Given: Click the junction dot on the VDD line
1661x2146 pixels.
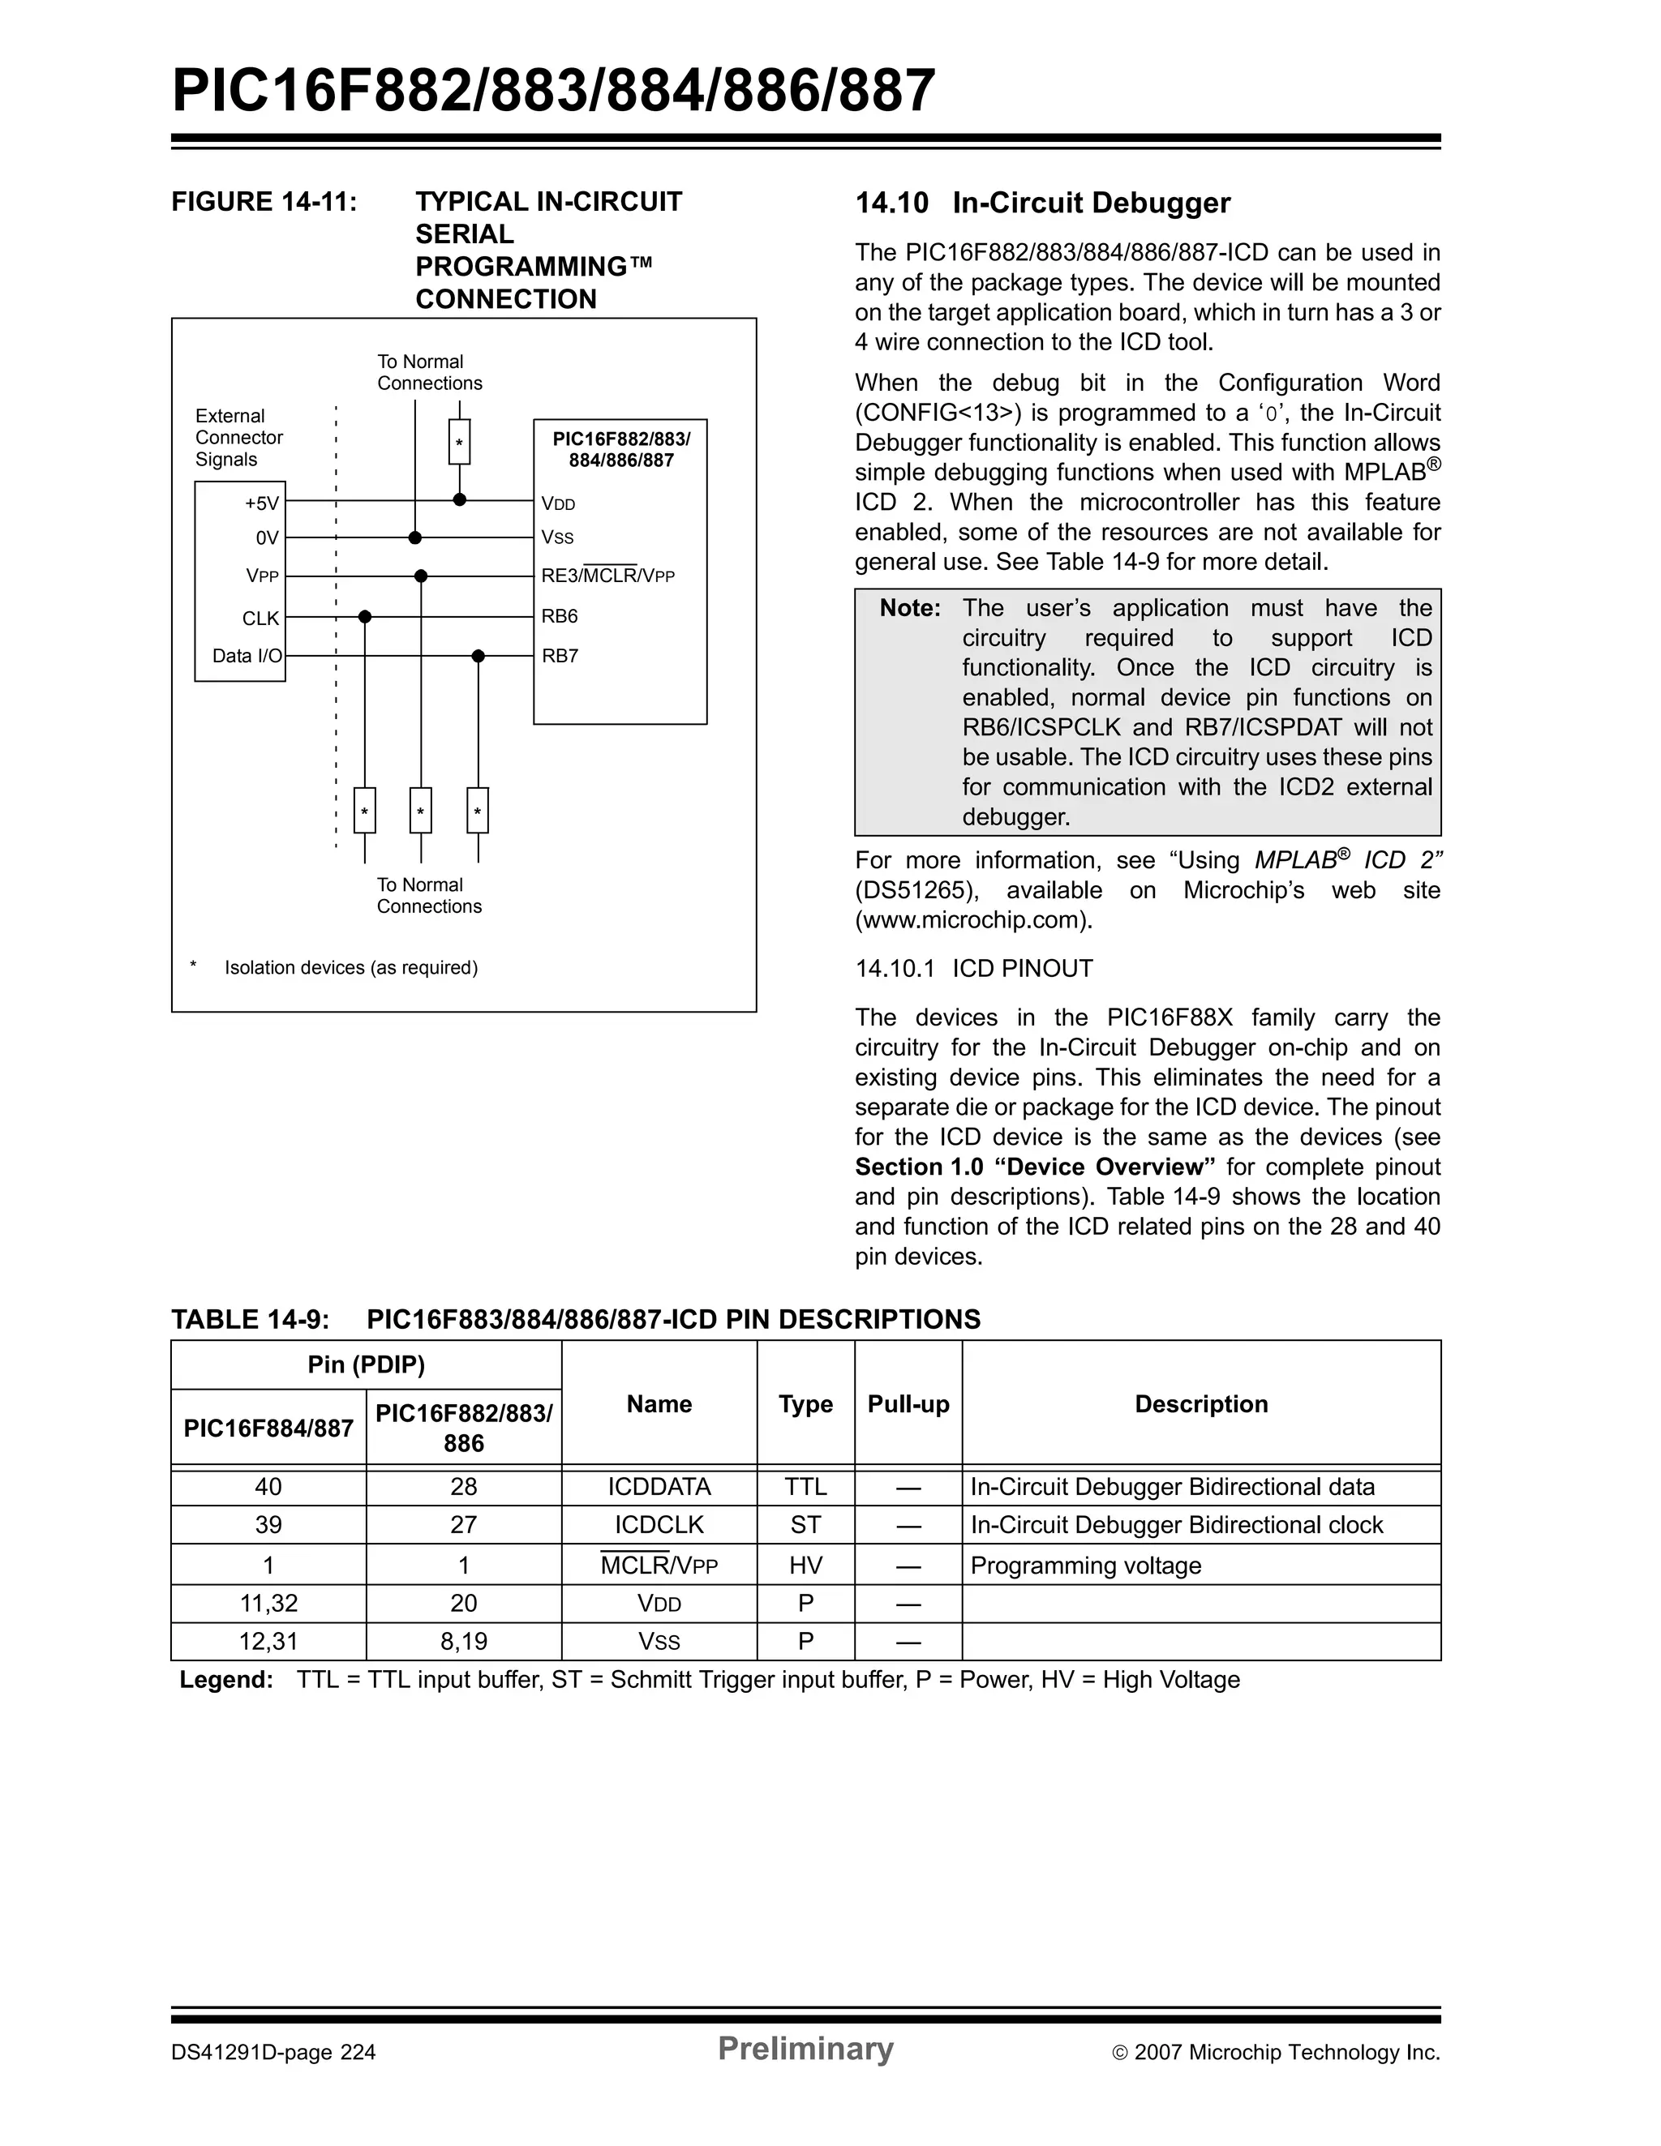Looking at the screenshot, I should point(459,500).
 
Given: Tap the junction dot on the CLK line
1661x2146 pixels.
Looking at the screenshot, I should point(365,617).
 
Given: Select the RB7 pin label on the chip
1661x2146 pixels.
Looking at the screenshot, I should point(560,657).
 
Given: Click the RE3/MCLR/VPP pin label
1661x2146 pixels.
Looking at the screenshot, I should point(607,576).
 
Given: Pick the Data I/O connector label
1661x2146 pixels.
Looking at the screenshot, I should point(247,657).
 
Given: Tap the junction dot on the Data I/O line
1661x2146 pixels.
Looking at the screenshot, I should point(479,657).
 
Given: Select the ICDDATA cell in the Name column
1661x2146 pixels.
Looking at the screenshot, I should point(659,1487).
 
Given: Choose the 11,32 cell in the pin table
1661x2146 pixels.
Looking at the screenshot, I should point(268,1604).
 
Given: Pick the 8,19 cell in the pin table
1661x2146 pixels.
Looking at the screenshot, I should point(463,1642).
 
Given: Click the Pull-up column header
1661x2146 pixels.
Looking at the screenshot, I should point(908,1404).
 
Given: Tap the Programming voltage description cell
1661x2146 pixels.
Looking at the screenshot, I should point(1085,1566).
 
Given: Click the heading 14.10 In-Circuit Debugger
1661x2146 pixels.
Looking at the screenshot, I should point(1042,203).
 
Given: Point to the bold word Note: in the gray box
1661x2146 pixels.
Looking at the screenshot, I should point(910,608).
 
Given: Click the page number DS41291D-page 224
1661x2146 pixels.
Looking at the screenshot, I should point(273,2053).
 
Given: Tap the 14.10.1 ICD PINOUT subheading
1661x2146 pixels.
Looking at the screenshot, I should point(973,969).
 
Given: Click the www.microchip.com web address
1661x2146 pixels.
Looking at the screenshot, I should point(972,921).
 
